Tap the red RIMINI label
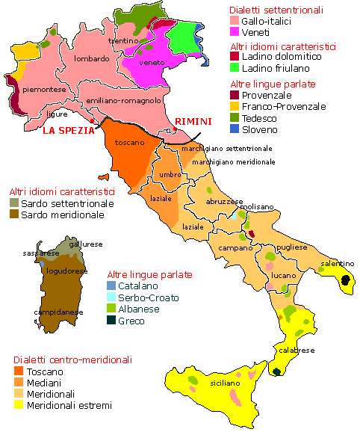click(x=193, y=122)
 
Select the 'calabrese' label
click(x=297, y=350)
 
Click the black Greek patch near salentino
click(x=346, y=281)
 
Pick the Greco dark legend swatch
click(x=111, y=321)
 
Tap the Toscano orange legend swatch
click(x=19, y=371)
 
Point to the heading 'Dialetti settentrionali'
click(x=276, y=10)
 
